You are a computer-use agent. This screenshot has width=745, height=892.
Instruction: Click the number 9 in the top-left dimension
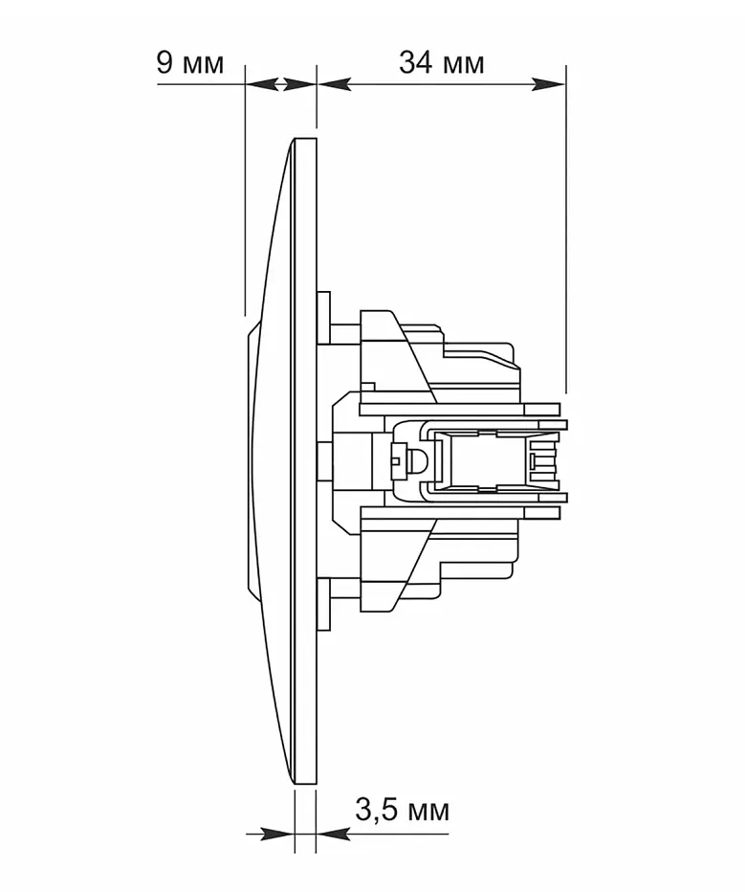tap(164, 62)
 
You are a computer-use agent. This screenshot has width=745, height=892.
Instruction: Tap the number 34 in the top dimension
tap(414, 62)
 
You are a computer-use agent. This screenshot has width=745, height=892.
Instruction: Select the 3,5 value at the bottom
tap(377, 810)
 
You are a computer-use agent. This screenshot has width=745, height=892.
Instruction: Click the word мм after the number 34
tap(461, 65)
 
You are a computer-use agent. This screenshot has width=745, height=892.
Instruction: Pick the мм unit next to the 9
tap(201, 65)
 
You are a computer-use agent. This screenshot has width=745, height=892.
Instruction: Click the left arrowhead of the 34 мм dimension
tap(334, 85)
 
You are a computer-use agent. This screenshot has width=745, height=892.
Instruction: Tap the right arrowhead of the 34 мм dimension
tap(548, 85)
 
